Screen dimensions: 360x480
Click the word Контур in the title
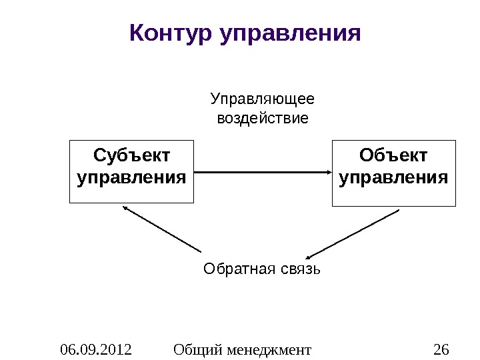(x=170, y=32)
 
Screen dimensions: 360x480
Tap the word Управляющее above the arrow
(x=262, y=100)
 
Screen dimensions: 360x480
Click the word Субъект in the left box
(x=131, y=157)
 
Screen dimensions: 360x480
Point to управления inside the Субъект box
(x=131, y=179)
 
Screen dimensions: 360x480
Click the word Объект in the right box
(x=393, y=157)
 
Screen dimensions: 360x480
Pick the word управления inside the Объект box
(x=393, y=179)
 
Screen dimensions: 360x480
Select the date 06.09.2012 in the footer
(x=96, y=349)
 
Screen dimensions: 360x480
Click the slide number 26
(x=441, y=349)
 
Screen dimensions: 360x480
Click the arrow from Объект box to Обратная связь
(x=353, y=234)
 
